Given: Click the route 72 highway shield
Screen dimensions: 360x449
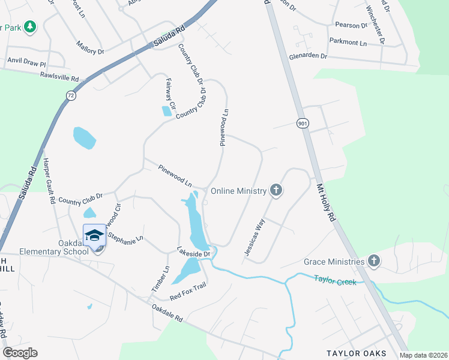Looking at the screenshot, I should click(71, 95).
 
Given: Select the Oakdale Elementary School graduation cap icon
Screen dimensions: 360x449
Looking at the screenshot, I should click(94, 235).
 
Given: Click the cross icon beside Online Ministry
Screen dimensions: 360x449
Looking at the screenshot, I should click(276, 191).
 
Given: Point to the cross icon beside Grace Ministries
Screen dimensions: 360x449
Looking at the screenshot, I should click(374, 261).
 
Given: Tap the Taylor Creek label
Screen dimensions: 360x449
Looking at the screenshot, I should click(335, 280).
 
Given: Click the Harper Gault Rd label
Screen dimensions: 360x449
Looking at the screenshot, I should click(49, 181).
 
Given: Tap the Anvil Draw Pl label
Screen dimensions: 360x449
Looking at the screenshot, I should click(26, 61).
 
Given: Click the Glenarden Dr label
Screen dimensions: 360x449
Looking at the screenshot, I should click(307, 56).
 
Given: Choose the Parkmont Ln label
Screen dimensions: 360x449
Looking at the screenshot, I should click(348, 43).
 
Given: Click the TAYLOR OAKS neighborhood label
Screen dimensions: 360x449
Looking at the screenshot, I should click(356, 353).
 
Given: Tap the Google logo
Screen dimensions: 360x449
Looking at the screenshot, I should click(20, 353).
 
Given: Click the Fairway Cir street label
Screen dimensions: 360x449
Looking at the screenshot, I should click(170, 94).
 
